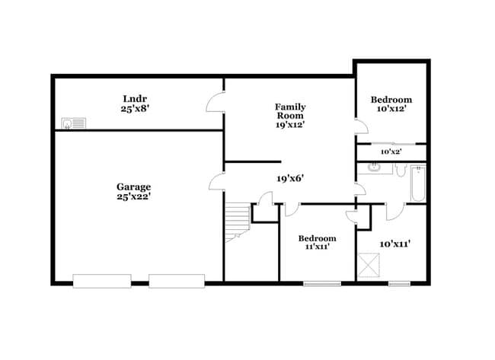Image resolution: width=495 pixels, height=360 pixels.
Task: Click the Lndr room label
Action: point(136,98)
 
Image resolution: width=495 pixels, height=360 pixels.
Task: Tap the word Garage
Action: point(133,186)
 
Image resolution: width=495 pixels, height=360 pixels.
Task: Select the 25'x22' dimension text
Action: point(133,197)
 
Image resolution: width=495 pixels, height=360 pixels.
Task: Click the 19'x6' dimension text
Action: point(290,178)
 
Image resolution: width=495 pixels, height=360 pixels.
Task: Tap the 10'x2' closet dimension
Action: point(391,151)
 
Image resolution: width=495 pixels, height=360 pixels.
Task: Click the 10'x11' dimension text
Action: point(395,244)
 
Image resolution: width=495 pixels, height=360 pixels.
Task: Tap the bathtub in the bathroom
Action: point(416,183)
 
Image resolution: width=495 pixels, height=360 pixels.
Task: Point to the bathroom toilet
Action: point(400,169)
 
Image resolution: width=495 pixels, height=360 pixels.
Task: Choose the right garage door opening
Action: point(177,281)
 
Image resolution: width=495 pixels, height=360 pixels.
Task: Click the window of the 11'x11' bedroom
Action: point(322,284)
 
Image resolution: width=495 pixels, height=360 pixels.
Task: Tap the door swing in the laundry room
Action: point(216,104)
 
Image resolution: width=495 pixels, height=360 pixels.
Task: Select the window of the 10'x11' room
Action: point(399,284)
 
